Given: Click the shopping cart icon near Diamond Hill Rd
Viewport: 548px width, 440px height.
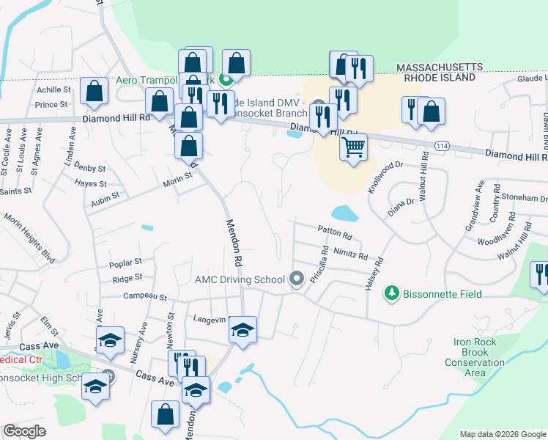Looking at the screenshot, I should click(x=354, y=147).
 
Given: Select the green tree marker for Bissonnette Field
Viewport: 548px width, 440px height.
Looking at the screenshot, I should click(x=393, y=293).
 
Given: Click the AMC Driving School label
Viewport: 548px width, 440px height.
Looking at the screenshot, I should click(x=240, y=279).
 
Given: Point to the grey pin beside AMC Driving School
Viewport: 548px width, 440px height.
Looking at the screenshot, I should click(x=297, y=279).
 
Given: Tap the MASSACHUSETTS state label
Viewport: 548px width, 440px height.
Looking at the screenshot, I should click(x=440, y=67).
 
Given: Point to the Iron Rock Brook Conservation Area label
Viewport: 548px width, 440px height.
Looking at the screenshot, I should click(x=475, y=357).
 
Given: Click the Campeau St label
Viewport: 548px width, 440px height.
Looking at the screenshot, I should click(x=142, y=298).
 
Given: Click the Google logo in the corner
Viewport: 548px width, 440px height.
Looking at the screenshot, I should click(x=25, y=431).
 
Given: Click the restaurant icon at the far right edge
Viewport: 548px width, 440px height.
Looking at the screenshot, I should click(x=541, y=275).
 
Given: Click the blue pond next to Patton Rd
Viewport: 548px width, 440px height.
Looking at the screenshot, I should click(x=344, y=213).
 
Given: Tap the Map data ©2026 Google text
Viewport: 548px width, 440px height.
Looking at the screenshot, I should click(x=502, y=434).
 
